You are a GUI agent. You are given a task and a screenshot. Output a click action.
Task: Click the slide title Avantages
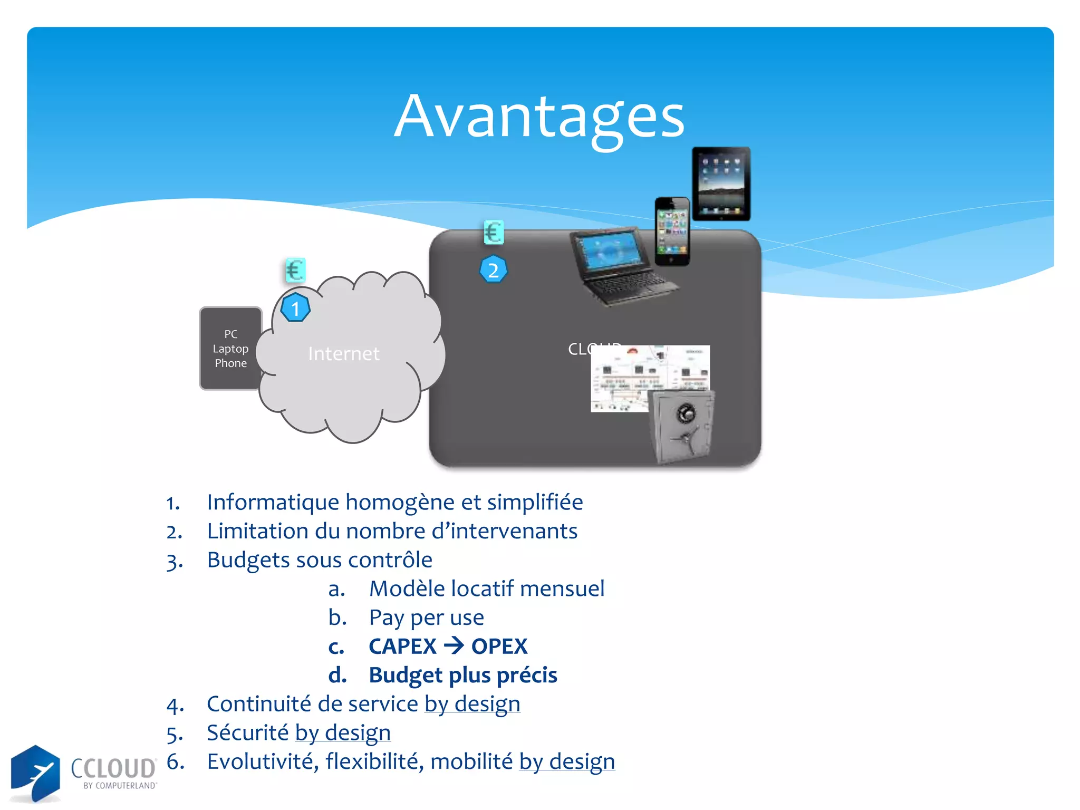(539, 117)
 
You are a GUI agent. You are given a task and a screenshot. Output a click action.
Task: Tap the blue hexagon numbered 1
(295, 308)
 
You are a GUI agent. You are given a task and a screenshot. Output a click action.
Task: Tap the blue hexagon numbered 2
(493, 270)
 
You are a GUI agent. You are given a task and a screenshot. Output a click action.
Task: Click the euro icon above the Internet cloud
(295, 271)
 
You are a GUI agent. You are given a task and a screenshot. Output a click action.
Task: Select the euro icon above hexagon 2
(494, 232)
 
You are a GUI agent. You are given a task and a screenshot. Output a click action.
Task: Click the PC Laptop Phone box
(230, 349)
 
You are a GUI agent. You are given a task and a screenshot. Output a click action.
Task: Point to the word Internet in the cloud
(343, 353)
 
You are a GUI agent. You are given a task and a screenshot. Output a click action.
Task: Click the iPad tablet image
(721, 184)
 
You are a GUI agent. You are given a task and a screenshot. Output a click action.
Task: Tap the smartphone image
(672, 232)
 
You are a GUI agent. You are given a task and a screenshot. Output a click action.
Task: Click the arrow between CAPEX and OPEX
(454, 645)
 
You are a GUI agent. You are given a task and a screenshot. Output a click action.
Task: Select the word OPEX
(499, 647)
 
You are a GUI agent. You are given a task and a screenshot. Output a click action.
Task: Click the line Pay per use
(426, 618)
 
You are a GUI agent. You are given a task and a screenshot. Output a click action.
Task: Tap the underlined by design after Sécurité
(343, 733)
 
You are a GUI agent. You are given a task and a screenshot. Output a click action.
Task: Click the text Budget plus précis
(462, 676)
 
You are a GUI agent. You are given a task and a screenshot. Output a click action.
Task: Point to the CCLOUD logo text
(113, 768)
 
